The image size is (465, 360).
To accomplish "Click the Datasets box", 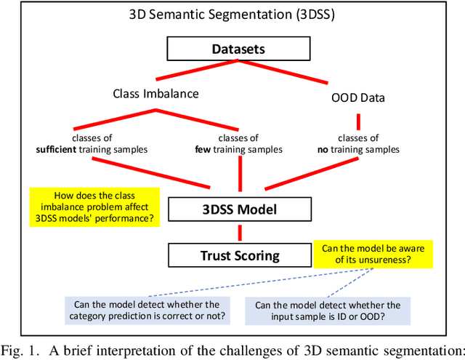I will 239,49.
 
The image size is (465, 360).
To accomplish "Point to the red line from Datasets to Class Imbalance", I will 196,72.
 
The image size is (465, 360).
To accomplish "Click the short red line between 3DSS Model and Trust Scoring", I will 238,233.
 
